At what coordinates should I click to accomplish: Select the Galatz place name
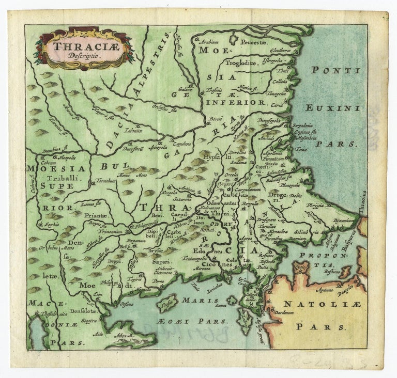186,88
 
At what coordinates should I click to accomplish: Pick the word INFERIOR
242,102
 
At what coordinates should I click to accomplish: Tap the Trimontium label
109,232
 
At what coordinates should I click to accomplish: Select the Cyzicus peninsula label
300,267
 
